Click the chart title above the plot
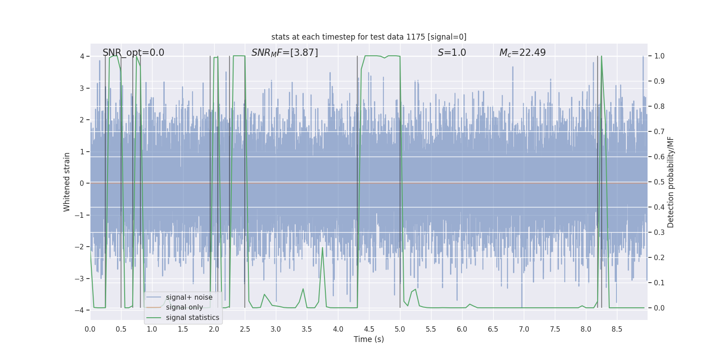coord(369,37)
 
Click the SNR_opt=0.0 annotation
coord(133,53)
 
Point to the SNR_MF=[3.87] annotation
coord(284,53)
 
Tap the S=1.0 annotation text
coord(452,53)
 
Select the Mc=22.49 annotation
coord(522,53)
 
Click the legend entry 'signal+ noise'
coord(189,297)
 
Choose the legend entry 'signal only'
coord(184,307)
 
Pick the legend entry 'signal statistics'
coord(192,318)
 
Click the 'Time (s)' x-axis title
coord(369,339)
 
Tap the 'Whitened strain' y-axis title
coord(67,182)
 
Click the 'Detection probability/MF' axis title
coord(670,182)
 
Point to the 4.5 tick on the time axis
coord(369,329)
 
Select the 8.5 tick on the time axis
coord(617,329)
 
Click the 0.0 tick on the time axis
coord(90,329)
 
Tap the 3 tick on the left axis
coord(82,88)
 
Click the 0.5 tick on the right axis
coord(659,182)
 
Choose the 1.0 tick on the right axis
coord(659,56)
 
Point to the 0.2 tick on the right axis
coord(659,258)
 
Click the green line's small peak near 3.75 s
coord(322,248)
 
